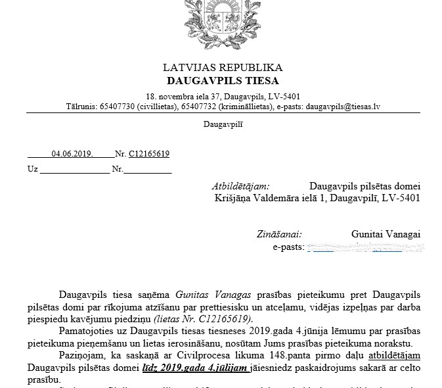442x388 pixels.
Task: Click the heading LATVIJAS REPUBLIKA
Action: (223, 68)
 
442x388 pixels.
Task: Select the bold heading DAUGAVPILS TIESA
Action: (223, 81)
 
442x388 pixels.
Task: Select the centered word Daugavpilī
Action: (223, 124)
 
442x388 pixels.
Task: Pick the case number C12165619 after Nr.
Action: (149, 155)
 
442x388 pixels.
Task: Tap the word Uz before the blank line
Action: (32, 169)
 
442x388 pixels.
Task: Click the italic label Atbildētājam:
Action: (240, 186)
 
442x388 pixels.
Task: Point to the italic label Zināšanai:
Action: (279, 234)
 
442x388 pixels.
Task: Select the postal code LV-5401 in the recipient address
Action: (400, 198)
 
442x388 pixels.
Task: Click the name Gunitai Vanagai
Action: (386, 234)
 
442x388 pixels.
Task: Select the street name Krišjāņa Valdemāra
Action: (261, 198)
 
